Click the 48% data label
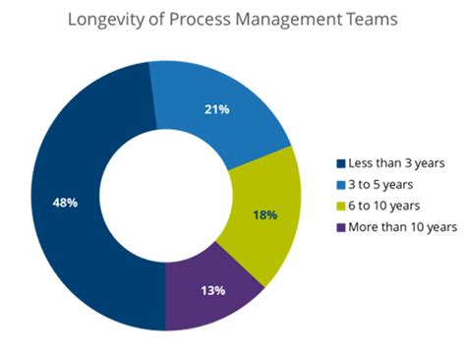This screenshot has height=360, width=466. [65, 202]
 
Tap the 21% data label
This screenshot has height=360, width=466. [217, 109]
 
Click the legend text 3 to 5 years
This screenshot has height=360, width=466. [380, 184]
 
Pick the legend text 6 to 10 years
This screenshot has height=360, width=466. [383, 206]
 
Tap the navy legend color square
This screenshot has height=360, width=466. [340, 163]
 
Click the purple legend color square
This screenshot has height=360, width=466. [340, 227]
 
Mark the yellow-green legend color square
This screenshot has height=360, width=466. [340, 206]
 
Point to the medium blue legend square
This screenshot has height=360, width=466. [340, 184]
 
